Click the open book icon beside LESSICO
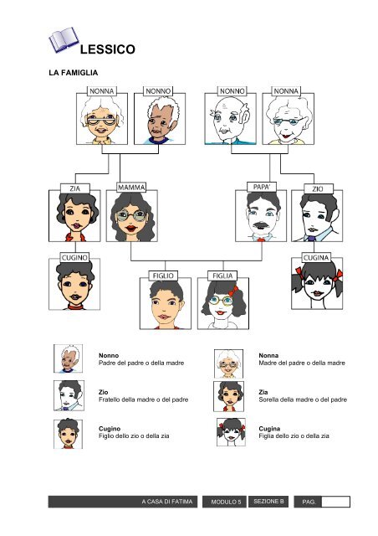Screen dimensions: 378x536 point(64,39)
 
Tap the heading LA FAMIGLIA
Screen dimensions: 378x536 point(74,73)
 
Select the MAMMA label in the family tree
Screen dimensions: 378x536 point(131,188)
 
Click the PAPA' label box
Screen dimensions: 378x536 point(262,187)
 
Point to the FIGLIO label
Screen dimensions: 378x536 point(163,276)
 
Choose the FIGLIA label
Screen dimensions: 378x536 point(222,276)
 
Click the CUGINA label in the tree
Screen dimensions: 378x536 point(316,258)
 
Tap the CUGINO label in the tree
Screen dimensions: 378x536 point(74,257)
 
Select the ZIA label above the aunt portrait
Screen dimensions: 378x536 point(75,188)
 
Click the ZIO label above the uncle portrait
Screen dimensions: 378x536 point(318,188)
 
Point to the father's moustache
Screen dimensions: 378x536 point(260,225)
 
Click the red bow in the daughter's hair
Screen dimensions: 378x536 point(234,291)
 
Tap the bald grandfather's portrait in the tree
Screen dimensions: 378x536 point(231,119)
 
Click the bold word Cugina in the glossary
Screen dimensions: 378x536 point(269,429)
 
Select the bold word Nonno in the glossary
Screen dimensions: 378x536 point(109,355)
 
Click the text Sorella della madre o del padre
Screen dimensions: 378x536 point(303,399)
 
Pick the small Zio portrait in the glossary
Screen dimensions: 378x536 point(69,395)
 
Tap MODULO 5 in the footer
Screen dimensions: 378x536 point(226,502)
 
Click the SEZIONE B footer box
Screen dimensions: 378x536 point(268,502)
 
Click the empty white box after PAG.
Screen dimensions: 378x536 point(335,502)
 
